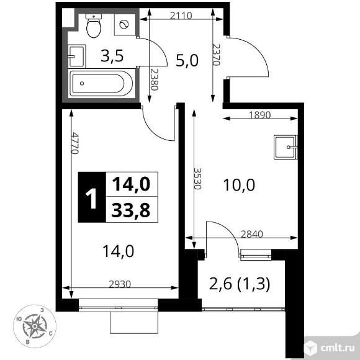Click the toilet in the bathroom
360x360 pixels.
point(94,25)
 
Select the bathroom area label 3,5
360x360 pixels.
point(112,56)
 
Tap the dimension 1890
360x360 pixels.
point(260,114)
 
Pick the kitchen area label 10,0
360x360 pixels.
point(240,185)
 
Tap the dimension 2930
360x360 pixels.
point(120,284)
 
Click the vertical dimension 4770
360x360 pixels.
point(74,144)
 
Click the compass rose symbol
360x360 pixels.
point(36,325)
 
